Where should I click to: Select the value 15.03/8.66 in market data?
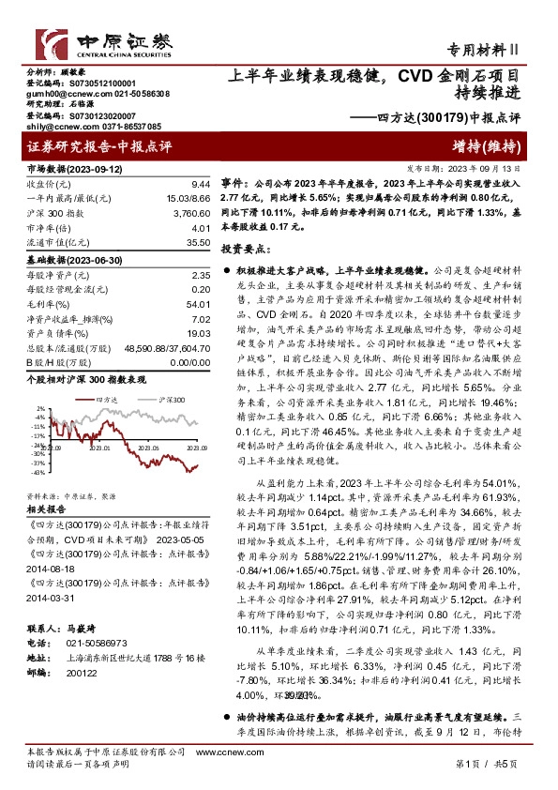[186, 198]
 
